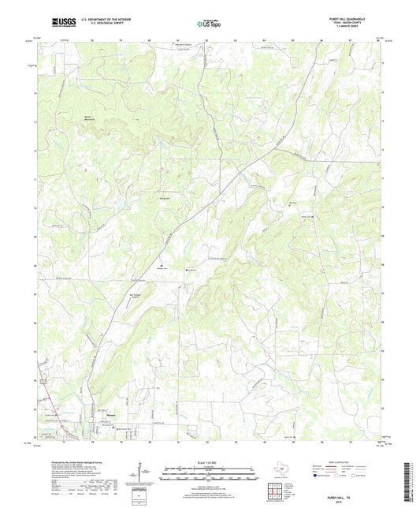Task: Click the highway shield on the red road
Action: coord(46,381)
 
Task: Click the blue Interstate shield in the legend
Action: coord(320,476)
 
